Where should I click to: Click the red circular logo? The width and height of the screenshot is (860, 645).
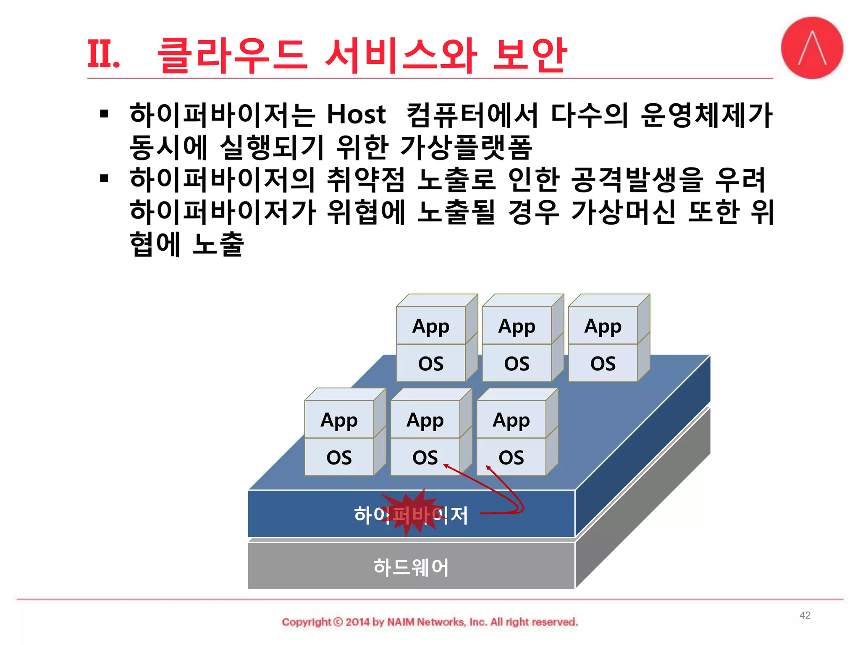click(812, 48)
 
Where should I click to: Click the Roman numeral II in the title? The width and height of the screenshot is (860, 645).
click(103, 55)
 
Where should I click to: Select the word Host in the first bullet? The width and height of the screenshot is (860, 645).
click(356, 114)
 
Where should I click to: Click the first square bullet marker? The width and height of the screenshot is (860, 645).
click(104, 113)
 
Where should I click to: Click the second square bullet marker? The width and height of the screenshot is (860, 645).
click(104, 178)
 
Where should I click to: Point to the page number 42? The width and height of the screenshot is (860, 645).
click(805, 615)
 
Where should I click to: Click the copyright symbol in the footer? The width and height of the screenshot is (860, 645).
click(338, 622)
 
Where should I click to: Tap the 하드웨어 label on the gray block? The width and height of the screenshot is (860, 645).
click(411, 567)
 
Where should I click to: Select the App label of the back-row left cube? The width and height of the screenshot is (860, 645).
click(431, 326)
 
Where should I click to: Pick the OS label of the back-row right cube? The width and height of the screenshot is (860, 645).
click(603, 364)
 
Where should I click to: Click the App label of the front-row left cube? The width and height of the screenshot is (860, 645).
click(339, 420)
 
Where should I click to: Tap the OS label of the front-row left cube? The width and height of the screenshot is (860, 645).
click(339, 457)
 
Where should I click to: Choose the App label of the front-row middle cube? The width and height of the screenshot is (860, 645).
click(425, 420)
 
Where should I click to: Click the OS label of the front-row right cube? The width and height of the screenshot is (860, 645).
click(511, 457)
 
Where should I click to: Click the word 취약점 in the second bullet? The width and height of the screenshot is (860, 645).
click(365, 179)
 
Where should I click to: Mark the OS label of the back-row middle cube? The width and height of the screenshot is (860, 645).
click(517, 364)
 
